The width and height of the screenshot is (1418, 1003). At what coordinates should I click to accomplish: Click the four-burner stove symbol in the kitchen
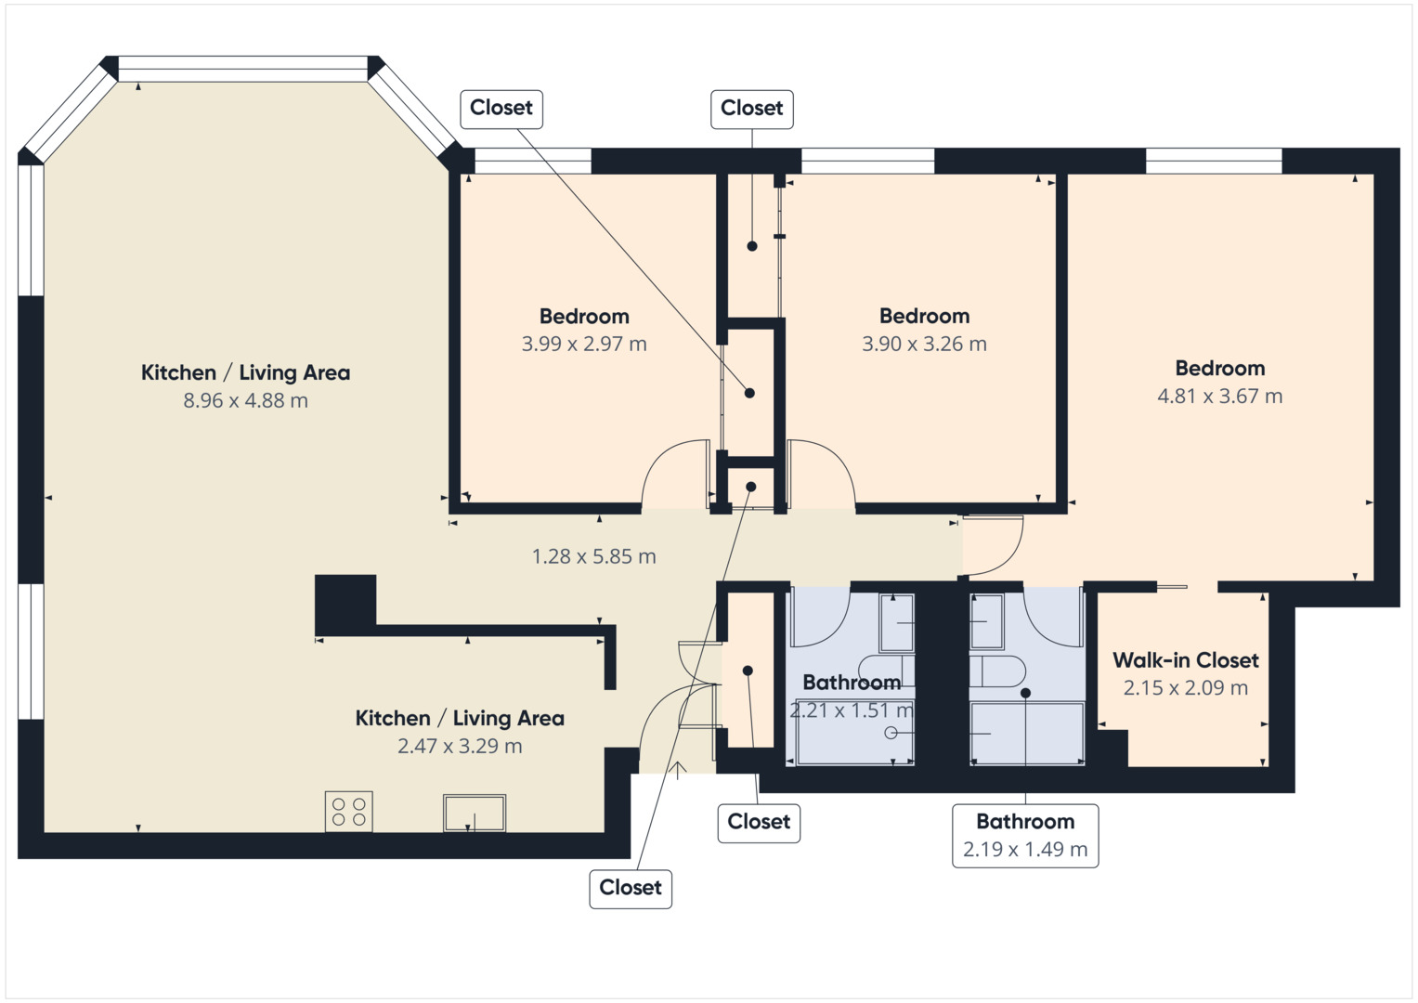[x=348, y=811]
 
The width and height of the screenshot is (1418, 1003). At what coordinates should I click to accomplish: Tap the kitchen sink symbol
[x=475, y=813]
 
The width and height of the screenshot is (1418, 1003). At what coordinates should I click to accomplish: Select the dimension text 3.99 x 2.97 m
[x=584, y=344]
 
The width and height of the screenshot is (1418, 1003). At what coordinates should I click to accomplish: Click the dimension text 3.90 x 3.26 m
[x=924, y=344]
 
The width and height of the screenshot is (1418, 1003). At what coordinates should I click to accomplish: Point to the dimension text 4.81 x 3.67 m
[x=1219, y=396]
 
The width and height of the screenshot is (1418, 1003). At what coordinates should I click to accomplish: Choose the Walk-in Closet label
[x=1186, y=660]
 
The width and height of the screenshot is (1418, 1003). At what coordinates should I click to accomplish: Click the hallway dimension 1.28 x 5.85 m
[x=593, y=556]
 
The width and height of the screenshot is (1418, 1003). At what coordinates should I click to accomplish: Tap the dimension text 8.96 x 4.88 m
[x=245, y=400]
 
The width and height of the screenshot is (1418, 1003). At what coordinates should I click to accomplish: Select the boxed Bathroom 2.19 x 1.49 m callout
[x=1025, y=835]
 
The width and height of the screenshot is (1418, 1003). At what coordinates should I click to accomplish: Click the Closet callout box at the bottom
[x=631, y=888]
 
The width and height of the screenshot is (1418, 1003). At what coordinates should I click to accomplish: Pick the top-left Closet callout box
[x=501, y=109]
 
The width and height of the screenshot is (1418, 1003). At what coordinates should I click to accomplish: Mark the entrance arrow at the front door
[x=679, y=770]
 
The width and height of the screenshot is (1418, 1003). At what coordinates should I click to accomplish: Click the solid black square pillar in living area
[x=345, y=604]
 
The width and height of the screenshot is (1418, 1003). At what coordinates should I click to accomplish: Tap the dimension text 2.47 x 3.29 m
[x=460, y=746]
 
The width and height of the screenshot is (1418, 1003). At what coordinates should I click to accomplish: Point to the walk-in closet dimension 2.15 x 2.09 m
[x=1186, y=688]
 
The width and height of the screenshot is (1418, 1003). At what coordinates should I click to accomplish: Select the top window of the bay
[x=243, y=69]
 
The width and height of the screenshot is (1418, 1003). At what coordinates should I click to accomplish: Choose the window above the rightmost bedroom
[x=1214, y=161]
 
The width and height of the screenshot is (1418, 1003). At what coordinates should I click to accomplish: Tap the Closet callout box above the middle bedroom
[x=752, y=109]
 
